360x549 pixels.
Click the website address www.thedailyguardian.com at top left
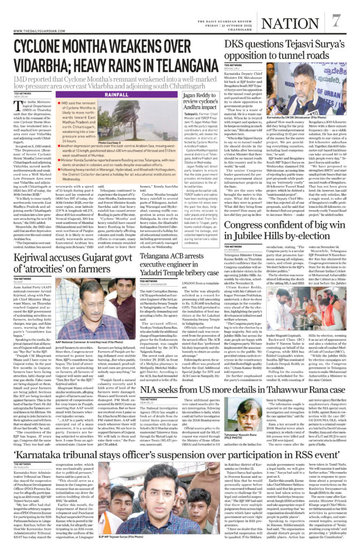point(38,30)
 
